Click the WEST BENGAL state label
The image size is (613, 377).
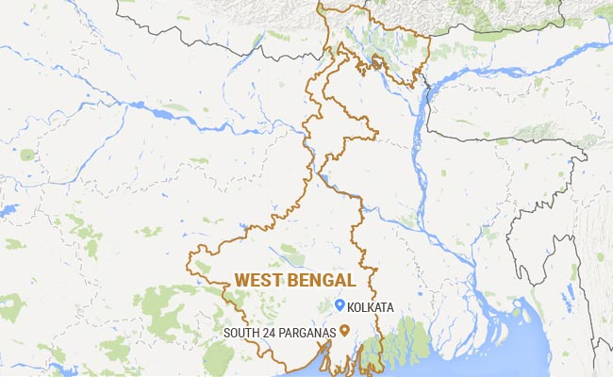tap(297, 281)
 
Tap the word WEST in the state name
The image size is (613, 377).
tap(257, 281)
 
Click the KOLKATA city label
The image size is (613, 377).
tap(371, 307)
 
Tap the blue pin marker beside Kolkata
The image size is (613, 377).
tap(340, 305)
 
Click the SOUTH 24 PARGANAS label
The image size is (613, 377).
tap(280, 332)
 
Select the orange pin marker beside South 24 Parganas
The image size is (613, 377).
tap(345, 330)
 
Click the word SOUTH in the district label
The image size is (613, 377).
tap(240, 332)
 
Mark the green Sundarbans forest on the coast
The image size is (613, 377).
tap(406, 339)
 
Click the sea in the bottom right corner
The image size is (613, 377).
tap(566, 358)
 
